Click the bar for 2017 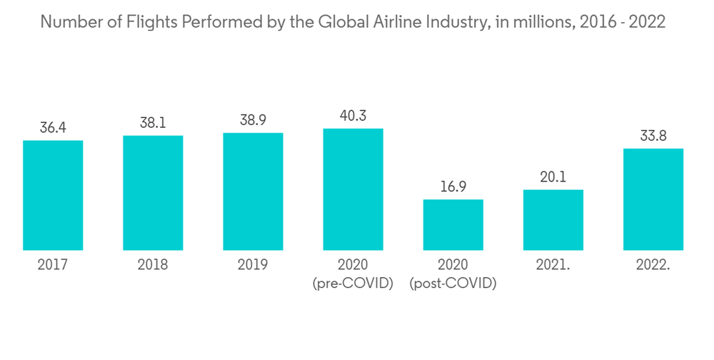pos(53,195)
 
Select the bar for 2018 pos(153,193)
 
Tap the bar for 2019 pos(253,191)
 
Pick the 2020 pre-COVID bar pos(353,189)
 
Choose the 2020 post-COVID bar pos(453,225)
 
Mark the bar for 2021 pos(553,220)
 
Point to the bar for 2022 pos(653,199)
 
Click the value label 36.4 pos(53,128)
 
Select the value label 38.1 pos(153,123)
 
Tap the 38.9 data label pos(253,121)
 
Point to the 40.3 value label pos(353,116)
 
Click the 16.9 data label pos(453,187)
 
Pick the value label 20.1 pos(553,177)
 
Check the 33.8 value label pos(653,136)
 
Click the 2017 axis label pos(53,265)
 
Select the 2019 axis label pos(253,265)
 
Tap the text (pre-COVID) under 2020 pos(353,284)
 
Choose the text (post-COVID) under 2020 pos(453,284)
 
